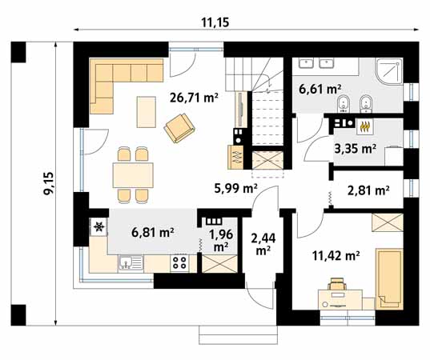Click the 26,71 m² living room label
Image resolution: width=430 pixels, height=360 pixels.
click(194, 98)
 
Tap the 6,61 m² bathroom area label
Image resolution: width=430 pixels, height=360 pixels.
click(319, 89)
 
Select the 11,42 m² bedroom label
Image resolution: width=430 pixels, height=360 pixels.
click(336, 256)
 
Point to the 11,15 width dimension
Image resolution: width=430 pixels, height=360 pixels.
click(215, 22)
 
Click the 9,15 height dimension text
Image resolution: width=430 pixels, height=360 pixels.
click(50, 183)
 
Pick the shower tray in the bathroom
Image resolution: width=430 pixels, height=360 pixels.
click(388, 71)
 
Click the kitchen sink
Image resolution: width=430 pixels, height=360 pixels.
click(131, 263)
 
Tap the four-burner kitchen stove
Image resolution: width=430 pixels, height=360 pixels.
click(179, 263)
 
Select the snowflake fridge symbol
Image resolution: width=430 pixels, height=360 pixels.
click(98, 227)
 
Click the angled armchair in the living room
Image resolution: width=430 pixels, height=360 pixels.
click(179, 128)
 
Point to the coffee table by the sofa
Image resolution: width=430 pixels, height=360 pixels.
click(147, 112)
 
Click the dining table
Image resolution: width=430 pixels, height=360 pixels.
click(133, 175)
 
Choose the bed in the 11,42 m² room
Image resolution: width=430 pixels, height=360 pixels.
click(389, 279)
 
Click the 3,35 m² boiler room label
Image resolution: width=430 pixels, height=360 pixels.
click(356, 149)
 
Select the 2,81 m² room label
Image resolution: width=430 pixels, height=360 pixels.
click(368, 190)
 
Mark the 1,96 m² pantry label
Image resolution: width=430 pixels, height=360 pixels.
click(221, 240)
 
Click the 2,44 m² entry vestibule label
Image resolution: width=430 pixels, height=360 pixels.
click(263, 244)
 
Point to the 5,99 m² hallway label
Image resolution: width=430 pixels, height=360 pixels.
click(236, 188)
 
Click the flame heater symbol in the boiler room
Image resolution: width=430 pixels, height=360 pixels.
click(364, 126)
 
